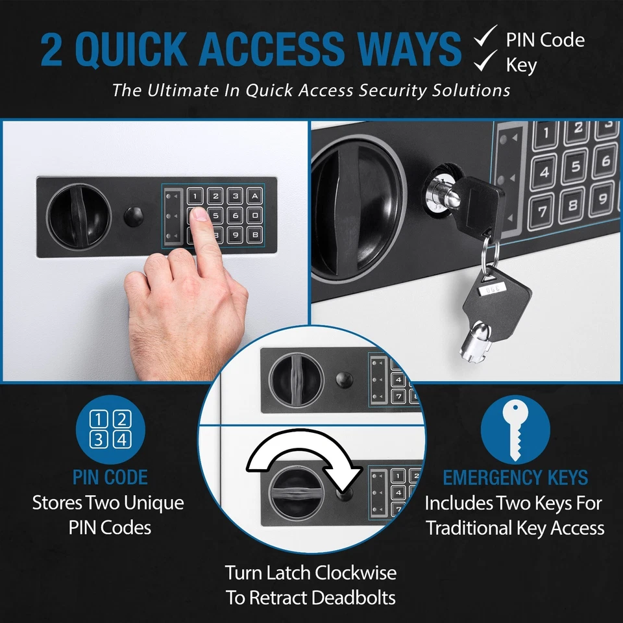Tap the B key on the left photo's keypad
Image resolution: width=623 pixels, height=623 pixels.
point(255,234)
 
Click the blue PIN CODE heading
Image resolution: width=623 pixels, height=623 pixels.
point(110,478)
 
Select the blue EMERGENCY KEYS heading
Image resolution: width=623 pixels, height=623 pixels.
point(515,478)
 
